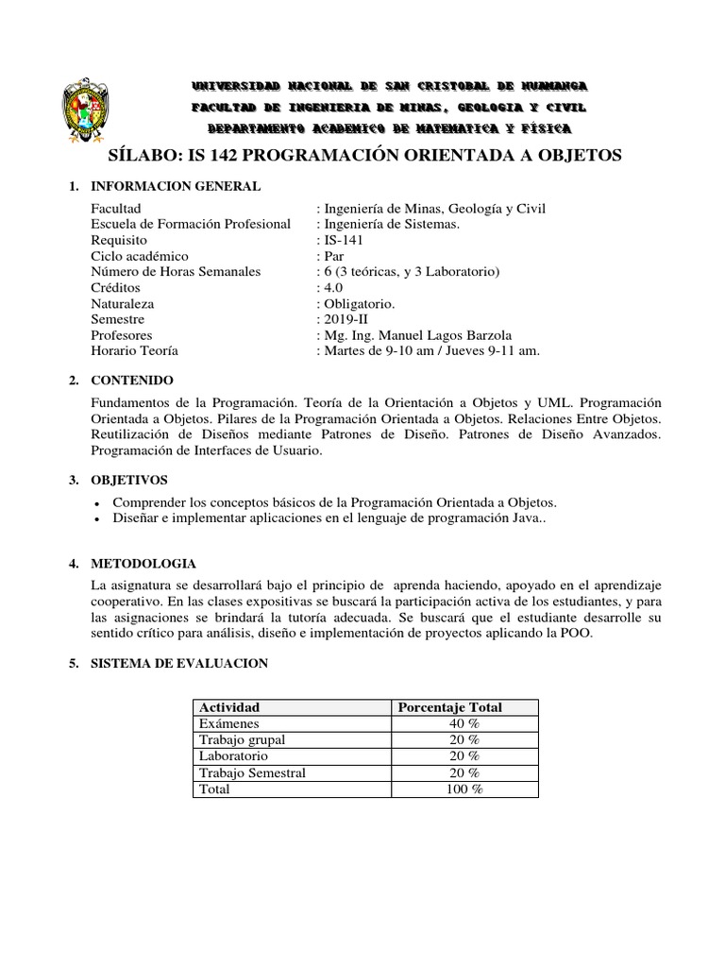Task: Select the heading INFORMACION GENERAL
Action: pyautogui.click(x=175, y=187)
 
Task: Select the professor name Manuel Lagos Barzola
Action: pyautogui.click(x=440, y=335)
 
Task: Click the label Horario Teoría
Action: pyautogui.click(x=134, y=351)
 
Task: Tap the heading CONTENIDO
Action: pyautogui.click(x=132, y=381)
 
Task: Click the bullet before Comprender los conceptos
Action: pyautogui.click(x=100, y=503)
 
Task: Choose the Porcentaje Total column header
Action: pyautogui.click(x=450, y=707)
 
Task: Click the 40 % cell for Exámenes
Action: pyautogui.click(x=464, y=723)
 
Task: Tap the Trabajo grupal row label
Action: pyautogui.click(x=241, y=739)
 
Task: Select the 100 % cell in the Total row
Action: pyautogui.click(x=464, y=789)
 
